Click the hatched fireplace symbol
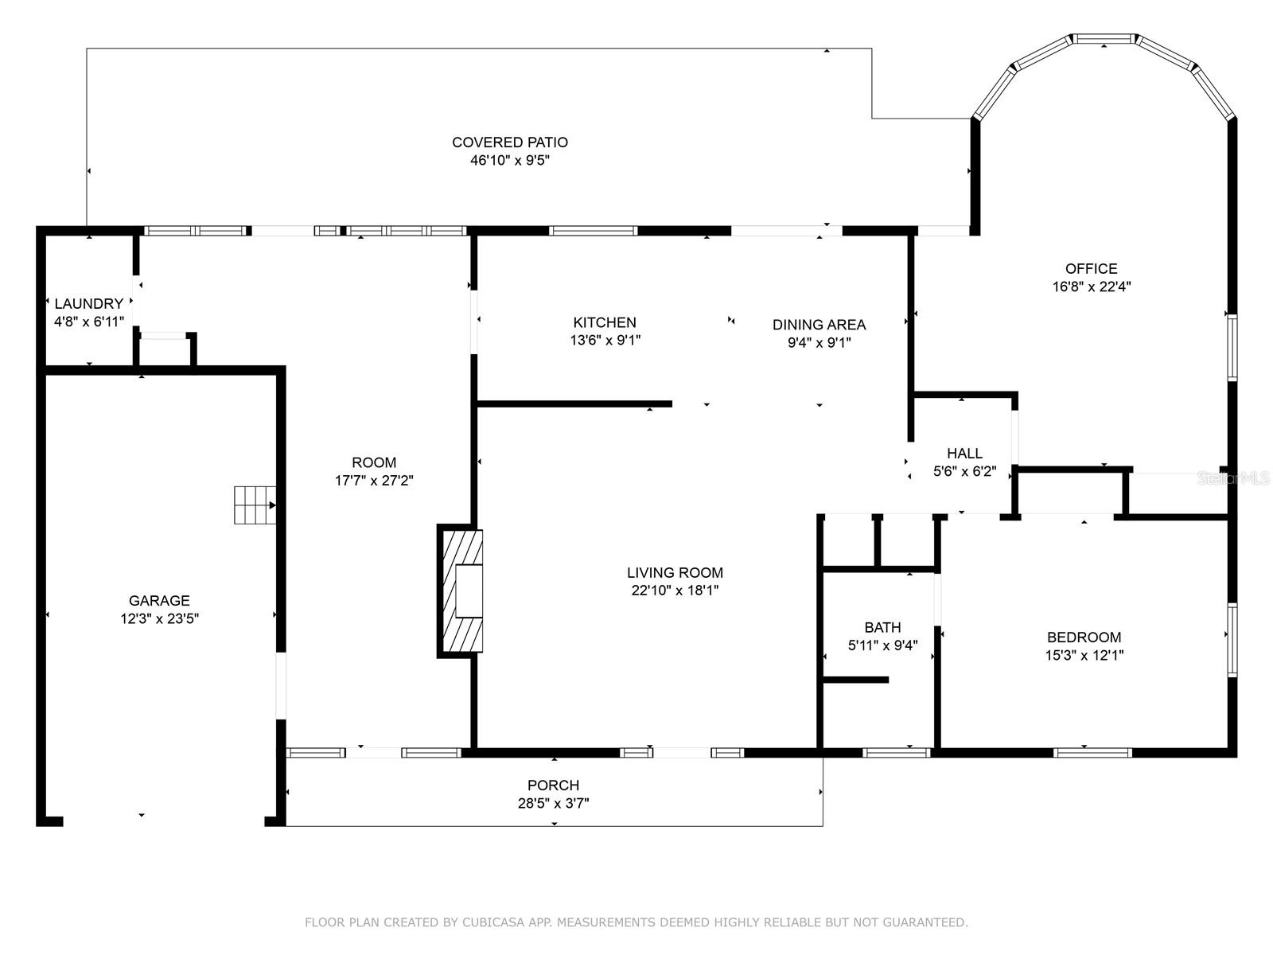[x=460, y=591]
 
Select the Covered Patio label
[x=510, y=142]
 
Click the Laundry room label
[x=89, y=303]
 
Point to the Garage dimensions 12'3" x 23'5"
[x=160, y=618]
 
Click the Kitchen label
[x=605, y=322]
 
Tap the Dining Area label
[x=819, y=325]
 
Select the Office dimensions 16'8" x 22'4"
[x=1092, y=286]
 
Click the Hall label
[x=964, y=453]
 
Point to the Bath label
[x=882, y=627]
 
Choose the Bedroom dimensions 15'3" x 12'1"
[x=1084, y=656]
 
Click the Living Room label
[x=675, y=572]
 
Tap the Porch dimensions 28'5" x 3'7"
[x=553, y=804]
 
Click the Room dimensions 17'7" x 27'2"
[x=374, y=481]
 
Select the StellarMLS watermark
[x=1234, y=478]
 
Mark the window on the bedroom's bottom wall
[x=1092, y=752]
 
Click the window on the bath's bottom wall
[x=897, y=752]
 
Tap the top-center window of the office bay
[x=1104, y=38]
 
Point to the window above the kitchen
[x=593, y=231]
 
